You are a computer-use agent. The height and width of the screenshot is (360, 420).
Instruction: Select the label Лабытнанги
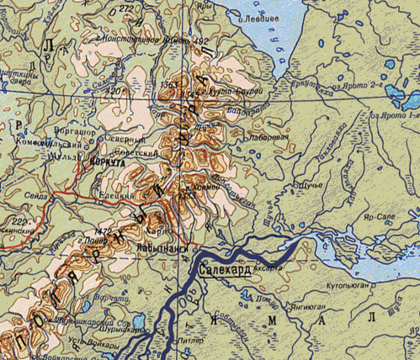click(169, 249)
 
